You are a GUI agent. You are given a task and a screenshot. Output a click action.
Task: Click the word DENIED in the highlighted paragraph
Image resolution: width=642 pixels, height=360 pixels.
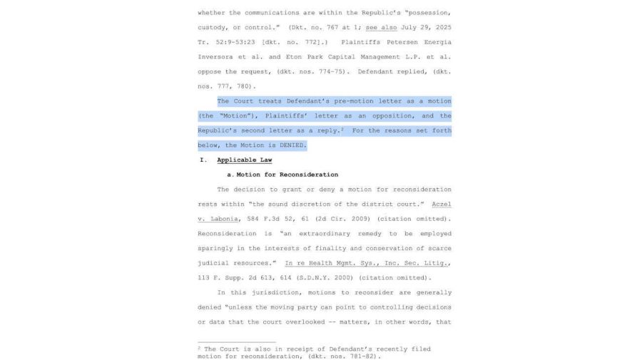(x=292, y=145)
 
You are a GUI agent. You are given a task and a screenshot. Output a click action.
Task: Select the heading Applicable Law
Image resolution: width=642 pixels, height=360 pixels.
(x=244, y=160)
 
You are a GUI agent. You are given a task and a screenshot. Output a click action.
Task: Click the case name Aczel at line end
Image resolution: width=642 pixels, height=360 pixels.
(x=442, y=204)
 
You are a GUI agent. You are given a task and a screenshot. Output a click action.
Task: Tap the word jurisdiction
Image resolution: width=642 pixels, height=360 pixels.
(x=274, y=293)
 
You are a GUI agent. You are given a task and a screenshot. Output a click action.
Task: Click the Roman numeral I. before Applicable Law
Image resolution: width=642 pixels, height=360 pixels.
(x=203, y=160)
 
